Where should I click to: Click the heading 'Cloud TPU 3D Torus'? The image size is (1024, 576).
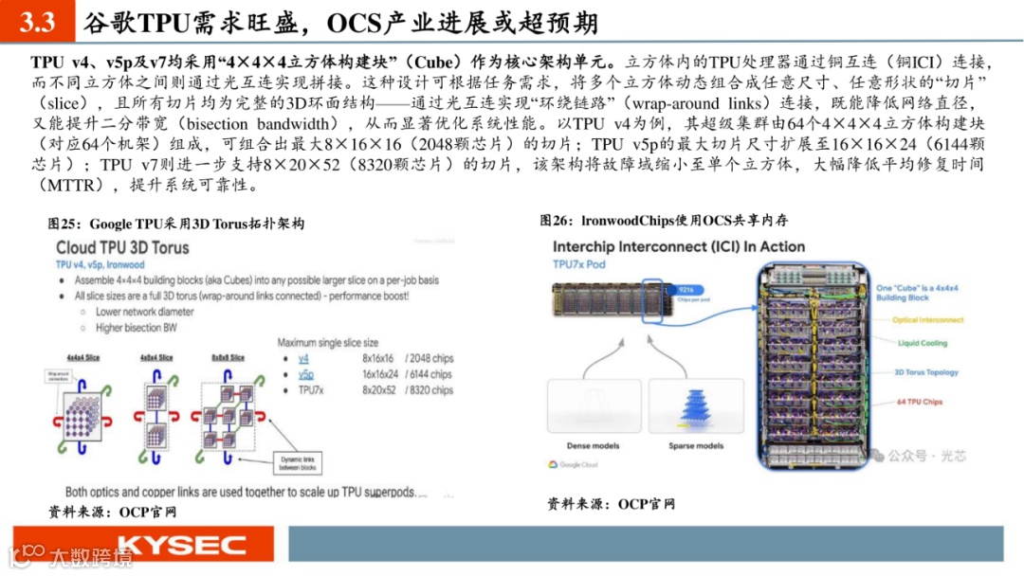[x=122, y=247]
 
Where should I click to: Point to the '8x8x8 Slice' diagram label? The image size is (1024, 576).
[x=224, y=357]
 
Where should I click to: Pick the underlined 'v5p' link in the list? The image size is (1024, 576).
[x=305, y=374]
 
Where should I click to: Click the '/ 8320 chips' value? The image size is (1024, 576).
[x=429, y=389]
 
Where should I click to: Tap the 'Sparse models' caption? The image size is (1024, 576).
[x=697, y=445]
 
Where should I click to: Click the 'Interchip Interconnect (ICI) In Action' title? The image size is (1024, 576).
[x=678, y=246]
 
